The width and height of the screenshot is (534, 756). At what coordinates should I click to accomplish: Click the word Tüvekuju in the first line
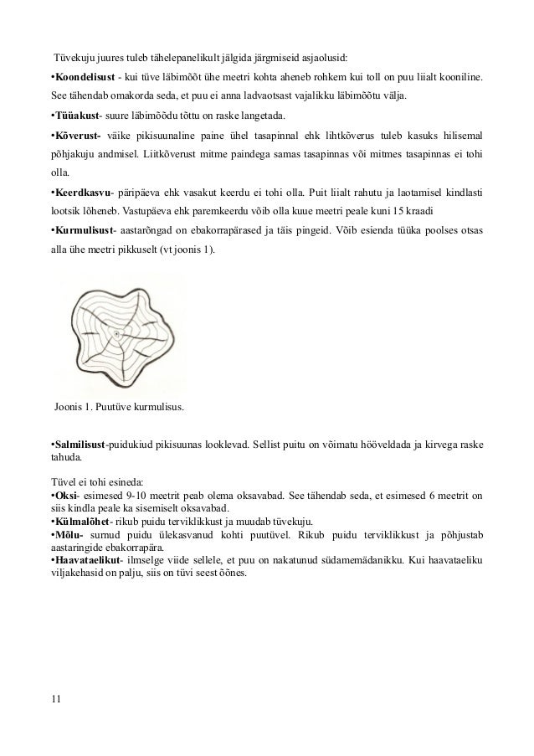[75, 56]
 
